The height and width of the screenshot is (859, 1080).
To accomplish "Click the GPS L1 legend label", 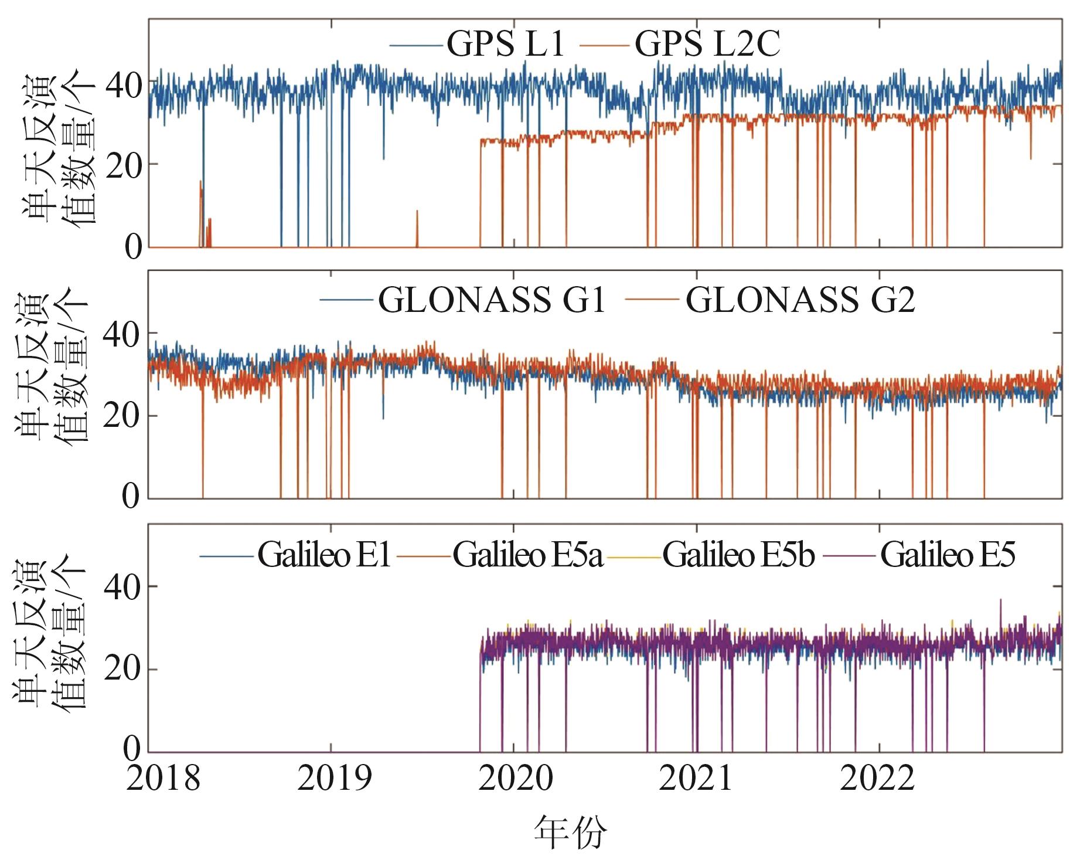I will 505,44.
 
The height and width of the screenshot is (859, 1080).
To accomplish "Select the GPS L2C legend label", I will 707,44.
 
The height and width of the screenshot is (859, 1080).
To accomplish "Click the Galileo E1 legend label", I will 324,554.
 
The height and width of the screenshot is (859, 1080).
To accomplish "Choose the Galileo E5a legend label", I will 527,554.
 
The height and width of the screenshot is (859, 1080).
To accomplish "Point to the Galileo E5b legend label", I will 738,554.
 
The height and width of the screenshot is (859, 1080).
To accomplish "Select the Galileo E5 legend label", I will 947,554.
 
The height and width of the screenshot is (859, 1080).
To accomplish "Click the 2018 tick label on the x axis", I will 163,779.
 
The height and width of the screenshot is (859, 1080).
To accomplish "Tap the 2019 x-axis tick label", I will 334,779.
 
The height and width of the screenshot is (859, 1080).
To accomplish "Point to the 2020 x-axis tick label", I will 516,779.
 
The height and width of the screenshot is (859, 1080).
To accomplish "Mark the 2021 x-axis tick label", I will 696,779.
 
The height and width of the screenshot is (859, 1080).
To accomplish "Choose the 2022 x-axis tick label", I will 877,779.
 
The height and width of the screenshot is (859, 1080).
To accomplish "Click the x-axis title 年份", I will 570,831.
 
